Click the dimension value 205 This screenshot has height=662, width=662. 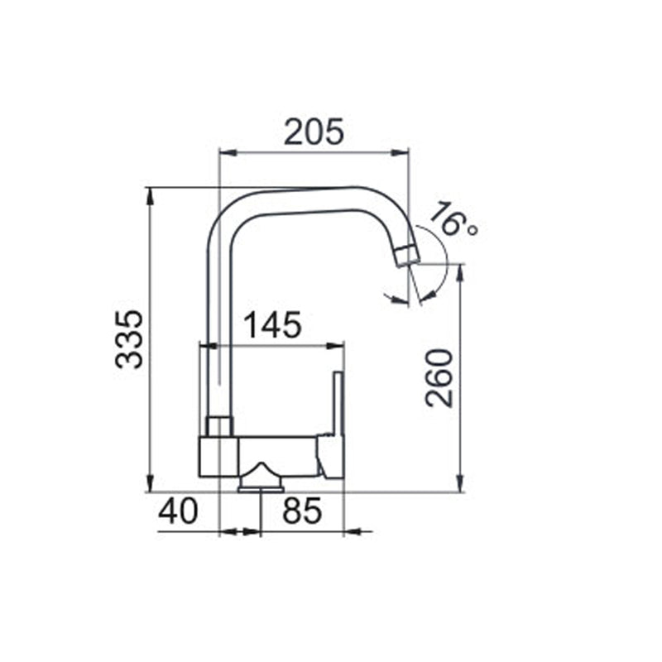click(314, 132)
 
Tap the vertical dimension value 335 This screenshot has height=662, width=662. click(129, 339)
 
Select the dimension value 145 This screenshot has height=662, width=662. click(273, 324)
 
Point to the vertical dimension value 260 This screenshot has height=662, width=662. click(439, 378)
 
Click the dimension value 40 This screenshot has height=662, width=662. click(178, 511)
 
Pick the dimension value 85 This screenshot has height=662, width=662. click(302, 511)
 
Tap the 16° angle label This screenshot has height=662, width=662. click(453, 218)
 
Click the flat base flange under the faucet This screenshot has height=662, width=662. click(261, 489)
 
